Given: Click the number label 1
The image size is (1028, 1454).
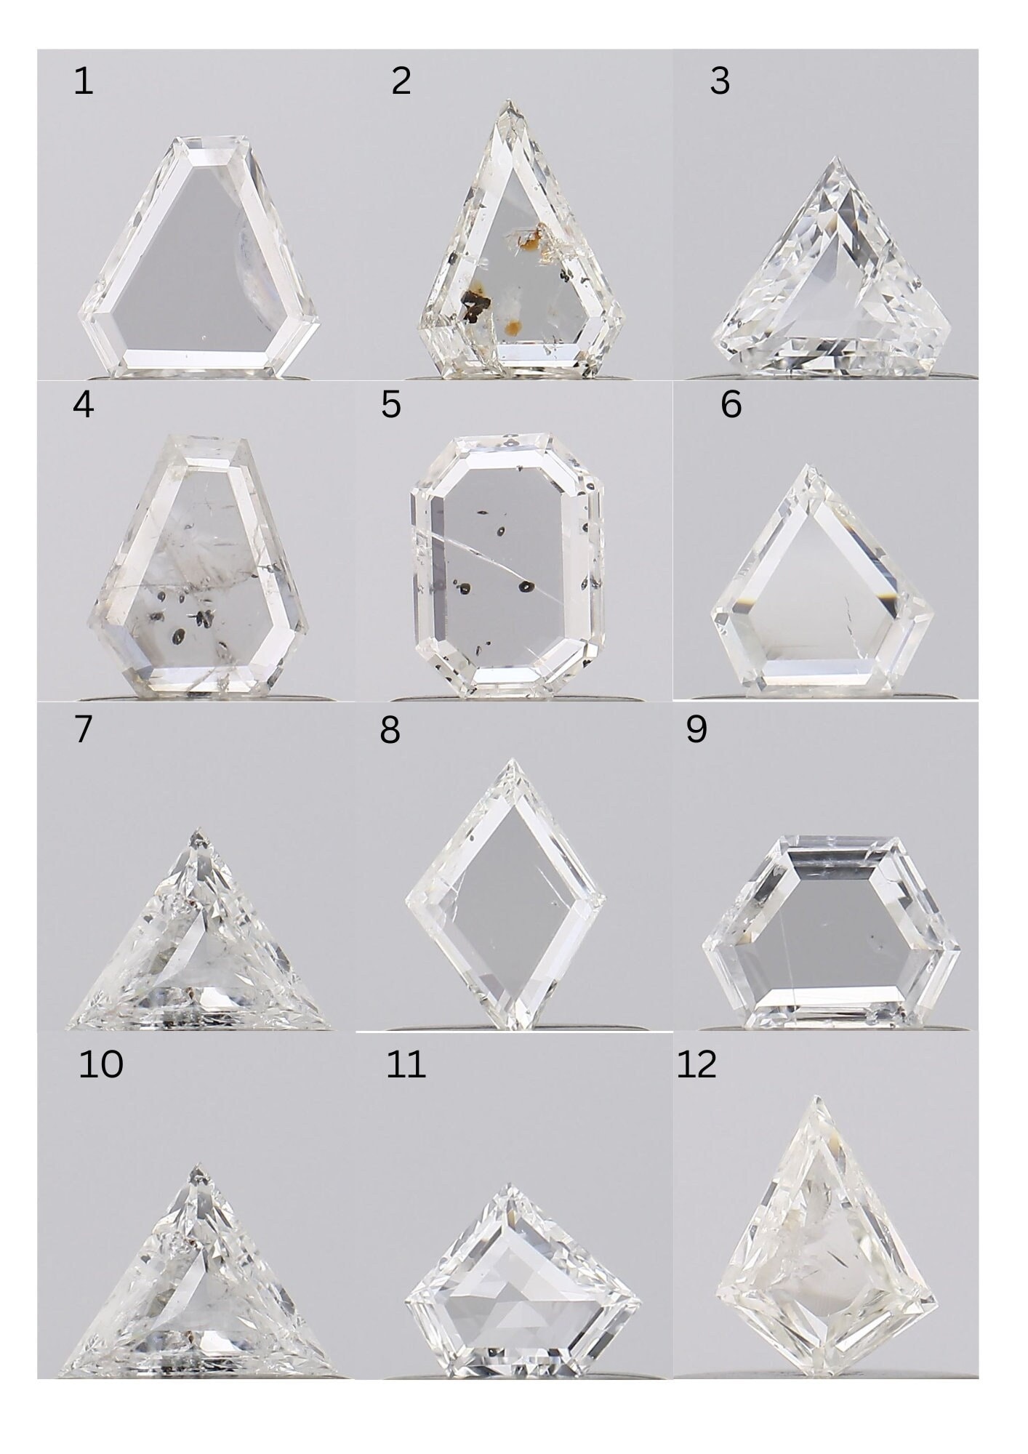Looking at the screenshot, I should click(83, 81).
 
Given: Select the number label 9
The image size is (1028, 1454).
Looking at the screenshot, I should click(696, 729).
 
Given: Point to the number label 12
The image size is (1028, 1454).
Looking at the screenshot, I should click(696, 1064).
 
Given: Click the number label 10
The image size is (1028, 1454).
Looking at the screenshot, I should click(100, 1064).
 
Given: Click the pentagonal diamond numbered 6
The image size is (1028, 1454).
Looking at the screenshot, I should click(822, 582).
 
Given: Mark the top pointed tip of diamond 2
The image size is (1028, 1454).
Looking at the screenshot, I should click(509, 103).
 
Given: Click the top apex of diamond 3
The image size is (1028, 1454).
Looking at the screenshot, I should click(837, 158).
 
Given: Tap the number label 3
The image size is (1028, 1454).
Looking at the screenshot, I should click(719, 81).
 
